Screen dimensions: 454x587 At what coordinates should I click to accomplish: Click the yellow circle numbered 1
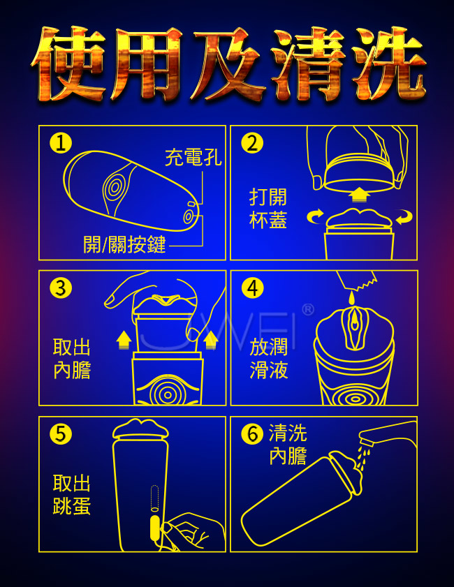tap(61, 143)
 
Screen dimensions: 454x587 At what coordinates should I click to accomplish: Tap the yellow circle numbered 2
tap(252, 143)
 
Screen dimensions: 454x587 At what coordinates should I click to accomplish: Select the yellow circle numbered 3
tap(61, 288)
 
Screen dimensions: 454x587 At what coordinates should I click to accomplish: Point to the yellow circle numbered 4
tap(252, 288)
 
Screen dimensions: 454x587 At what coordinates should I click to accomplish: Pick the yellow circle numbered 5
tap(61, 434)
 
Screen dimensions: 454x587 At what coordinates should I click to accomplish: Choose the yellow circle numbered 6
tap(252, 434)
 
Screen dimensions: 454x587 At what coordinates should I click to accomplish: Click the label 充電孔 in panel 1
tap(193, 157)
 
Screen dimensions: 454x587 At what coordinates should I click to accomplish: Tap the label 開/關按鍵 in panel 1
tap(124, 245)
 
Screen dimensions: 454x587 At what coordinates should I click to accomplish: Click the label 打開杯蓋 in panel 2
tap(268, 209)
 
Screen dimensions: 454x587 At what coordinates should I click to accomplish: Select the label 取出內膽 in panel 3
tap(72, 358)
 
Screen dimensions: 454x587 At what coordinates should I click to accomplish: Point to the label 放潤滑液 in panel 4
tap(269, 358)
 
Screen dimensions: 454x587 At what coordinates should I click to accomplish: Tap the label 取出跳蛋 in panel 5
tap(72, 494)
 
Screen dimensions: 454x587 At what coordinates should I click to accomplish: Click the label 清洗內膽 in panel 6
tap(288, 445)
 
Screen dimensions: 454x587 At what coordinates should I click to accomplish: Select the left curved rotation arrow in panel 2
tap(315, 216)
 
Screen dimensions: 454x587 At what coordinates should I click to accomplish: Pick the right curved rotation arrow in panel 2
tap(404, 216)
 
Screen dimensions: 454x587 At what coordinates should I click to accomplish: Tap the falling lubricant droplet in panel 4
tap(351, 297)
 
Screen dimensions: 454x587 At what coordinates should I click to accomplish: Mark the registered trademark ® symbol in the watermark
tap(308, 310)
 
